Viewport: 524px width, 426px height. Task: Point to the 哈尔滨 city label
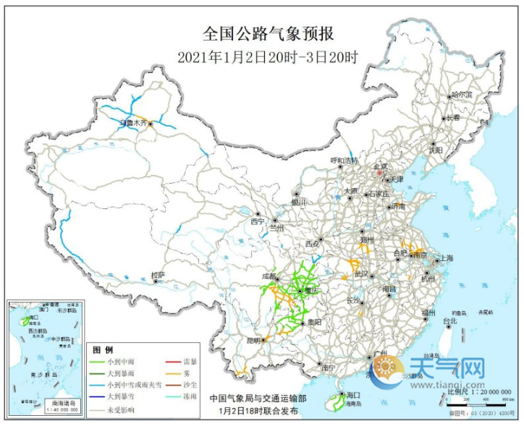(x=461, y=95)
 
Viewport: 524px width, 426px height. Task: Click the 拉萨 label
(x=158, y=275)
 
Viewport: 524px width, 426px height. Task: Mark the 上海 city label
(x=445, y=258)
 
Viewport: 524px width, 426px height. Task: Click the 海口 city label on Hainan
(x=353, y=395)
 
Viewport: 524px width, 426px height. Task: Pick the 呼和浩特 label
(x=344, y=160)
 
